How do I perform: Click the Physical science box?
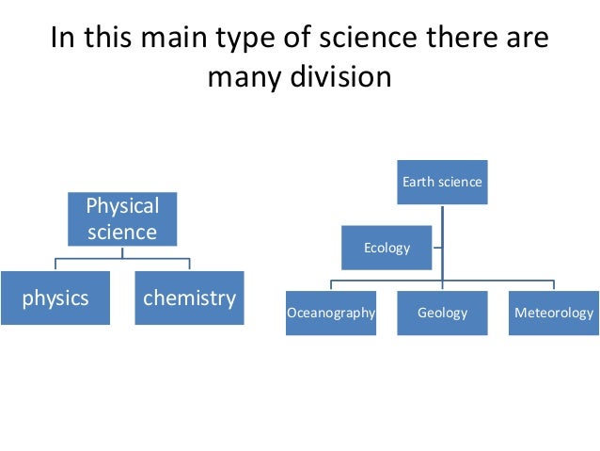[122, 218]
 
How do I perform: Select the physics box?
[55, 298]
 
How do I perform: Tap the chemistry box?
[189, 298]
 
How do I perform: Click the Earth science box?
[442, 182]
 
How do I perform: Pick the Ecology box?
[387, 248]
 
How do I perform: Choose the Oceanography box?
[331, 313]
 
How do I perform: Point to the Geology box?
[442, 313]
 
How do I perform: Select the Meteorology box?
[553, 313]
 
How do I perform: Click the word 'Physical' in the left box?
[122, 205]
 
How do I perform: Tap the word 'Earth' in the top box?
[418, 182]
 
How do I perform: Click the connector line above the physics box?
[55, 264]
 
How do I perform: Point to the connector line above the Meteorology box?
[553, 284]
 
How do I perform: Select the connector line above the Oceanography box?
[331, 284]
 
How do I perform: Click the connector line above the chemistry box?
[189, 264]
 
